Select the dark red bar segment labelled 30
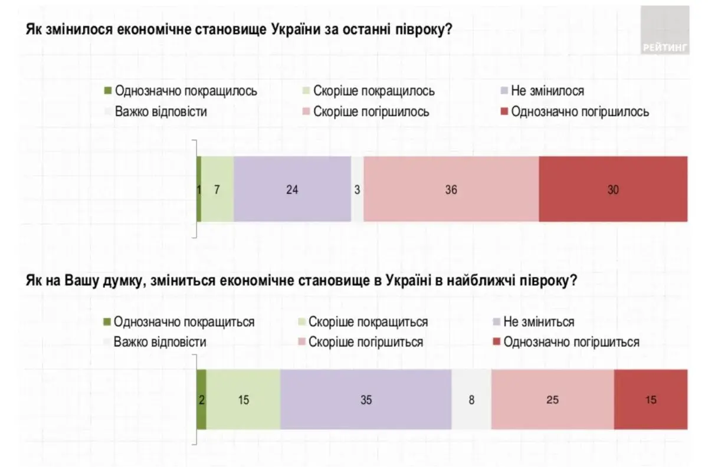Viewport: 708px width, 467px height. tap(613, 189)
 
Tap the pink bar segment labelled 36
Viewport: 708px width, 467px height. tap(451, 189)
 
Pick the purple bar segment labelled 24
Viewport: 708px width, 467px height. tap(292, 189)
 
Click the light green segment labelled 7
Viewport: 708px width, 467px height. tap(217, 189)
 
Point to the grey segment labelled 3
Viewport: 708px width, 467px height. tap(358, 189)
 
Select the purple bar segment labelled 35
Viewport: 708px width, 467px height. tap(366, 400)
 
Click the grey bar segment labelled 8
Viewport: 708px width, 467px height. tap(471, 400)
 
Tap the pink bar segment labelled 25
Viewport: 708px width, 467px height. tap(552, 400)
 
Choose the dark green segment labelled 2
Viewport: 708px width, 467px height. tap(201, 400)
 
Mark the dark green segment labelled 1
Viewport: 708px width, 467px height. tap(199, 189)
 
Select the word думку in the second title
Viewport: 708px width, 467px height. tap(124, 281)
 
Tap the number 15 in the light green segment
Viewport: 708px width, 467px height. tap(243, 400)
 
